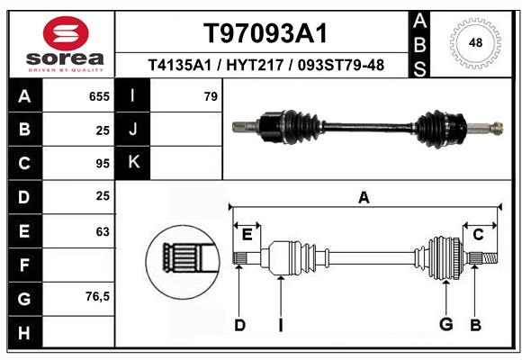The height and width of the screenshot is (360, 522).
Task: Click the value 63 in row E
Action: pyautogui.click(x=103, y=231)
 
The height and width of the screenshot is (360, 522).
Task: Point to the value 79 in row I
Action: pyautogui.click(x=211, y=96)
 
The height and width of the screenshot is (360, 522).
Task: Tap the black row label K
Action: pyautogui.click(x=133, y=163)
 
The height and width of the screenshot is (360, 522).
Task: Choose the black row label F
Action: pyautogui.click(x=23, y=265)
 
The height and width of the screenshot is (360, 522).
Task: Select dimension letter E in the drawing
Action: pyautogui.click(x=247, y=235)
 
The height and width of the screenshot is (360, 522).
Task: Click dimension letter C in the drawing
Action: pyautogui.click(x=479, y=235)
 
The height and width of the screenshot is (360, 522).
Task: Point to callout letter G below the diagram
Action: pyautogui.click(x=445, y=325)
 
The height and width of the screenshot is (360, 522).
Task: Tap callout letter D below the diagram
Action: pyautogui.click(x=239, y=325)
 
